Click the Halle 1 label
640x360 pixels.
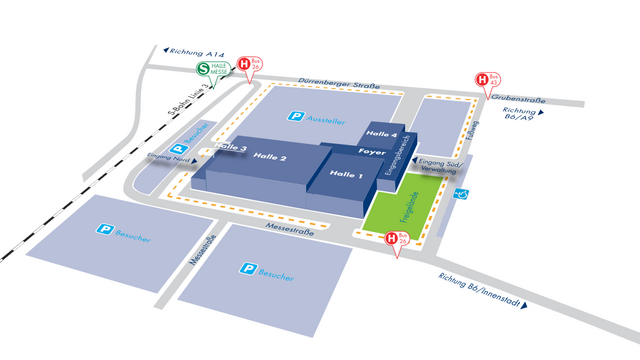(344, 174)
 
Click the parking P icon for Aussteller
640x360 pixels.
(295, 117)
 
